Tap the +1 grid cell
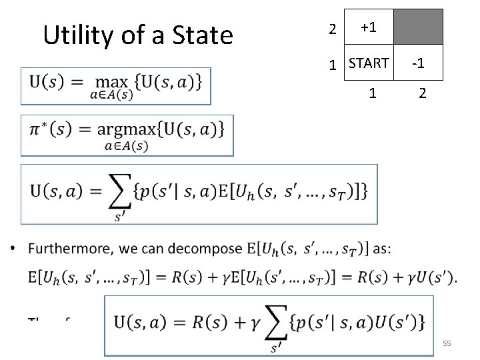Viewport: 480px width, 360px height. coord(369,28)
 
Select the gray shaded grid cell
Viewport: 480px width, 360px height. coord(418,28)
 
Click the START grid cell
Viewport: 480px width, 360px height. coord(369,64)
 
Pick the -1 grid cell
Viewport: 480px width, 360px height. coord(418,64)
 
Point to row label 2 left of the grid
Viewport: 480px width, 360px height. coord(332,29)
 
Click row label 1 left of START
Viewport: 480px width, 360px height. coord(332,66)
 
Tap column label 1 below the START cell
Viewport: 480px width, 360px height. coord(373,93)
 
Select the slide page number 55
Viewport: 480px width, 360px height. coord(447,343)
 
